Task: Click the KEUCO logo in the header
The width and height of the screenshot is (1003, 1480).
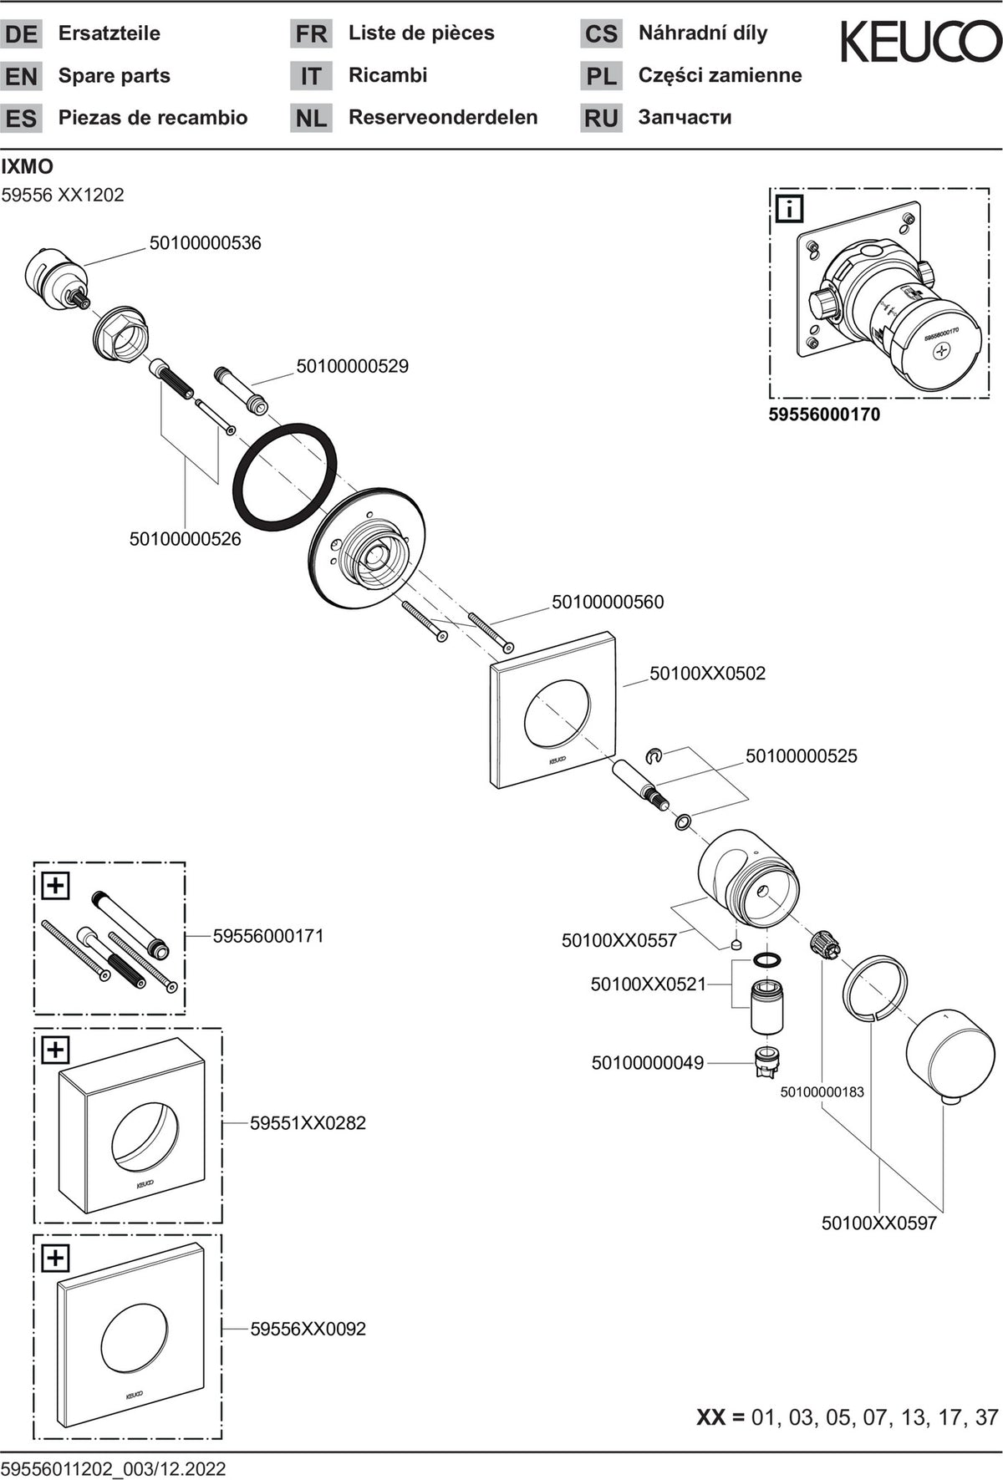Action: [x=920, y=43]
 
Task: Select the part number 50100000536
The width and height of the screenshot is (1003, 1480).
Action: [x=205, y=243]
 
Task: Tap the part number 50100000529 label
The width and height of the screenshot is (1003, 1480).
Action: [x=352, y=366]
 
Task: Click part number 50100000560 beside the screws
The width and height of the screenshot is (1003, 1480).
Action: [x=608, y=602]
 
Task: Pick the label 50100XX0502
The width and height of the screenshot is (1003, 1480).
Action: [x=707, y=674]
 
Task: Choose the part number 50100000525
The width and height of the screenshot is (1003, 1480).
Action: [x=802, y=756]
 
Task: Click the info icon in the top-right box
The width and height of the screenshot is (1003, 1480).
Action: [x=789, y=208]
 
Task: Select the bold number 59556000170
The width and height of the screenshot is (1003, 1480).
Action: [x=824, y=415]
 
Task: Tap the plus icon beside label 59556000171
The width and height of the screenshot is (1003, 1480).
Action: [x=55, y=885]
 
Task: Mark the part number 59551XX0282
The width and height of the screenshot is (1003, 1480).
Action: [x=308, y=1123]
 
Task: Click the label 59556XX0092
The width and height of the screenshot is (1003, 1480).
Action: [x=308, y=1329]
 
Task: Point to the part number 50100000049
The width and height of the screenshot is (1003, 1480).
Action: [x=648, y=1063]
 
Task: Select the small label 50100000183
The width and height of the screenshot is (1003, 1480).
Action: [x=822, y=1092]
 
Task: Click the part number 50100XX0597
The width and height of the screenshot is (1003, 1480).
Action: [x=879, y=1223]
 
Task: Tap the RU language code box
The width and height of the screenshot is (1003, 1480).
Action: [x=601, y=118]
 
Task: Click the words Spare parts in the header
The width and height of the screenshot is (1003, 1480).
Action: [x=115, y=76]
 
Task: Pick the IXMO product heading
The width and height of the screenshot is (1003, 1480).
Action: [x=28, y=166]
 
